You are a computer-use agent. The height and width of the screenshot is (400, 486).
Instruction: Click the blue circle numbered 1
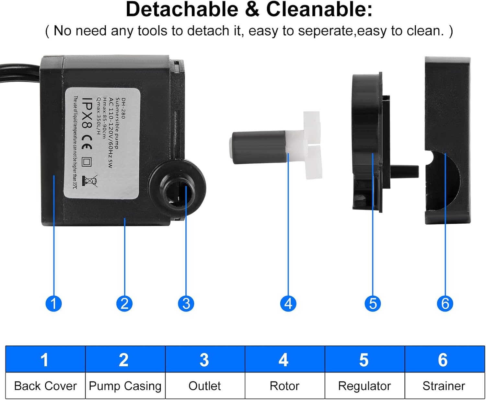pos(53,303)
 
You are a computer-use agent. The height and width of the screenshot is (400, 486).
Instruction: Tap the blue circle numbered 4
pos(288,303)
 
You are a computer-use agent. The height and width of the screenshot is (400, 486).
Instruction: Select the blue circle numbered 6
pos(445,303)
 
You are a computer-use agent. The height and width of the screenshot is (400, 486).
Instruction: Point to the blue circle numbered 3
pos(186,303)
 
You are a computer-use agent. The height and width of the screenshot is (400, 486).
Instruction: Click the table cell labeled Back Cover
pos(45,386)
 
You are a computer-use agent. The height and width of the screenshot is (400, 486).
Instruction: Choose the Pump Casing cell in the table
pos(125,386)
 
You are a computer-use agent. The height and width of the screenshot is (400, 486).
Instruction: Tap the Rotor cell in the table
pos(284,386)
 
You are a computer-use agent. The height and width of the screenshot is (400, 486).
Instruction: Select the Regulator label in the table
pos(364,386)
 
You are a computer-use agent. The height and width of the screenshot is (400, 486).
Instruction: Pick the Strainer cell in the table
pos(445,386)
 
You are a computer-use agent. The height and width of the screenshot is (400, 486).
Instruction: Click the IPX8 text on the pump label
pos(87,113)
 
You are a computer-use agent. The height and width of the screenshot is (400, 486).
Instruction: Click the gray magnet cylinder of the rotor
pos(259,147)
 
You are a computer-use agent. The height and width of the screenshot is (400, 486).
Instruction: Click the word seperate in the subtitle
pos(325,31)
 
